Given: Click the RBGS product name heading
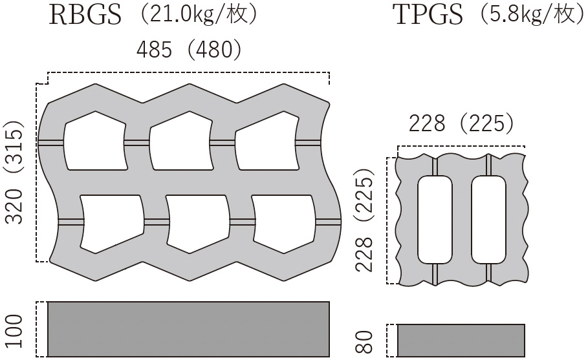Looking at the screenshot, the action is pos(85,15).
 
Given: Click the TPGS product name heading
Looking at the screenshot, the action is pos(429,15).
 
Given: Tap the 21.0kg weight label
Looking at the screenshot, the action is pos(199,14).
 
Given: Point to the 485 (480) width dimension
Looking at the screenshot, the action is pos(189,50).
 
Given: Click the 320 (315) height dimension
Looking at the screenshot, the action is pos(16,171).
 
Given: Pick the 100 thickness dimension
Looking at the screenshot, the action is pos(16,331).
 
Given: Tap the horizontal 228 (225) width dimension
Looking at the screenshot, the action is pos(461,123).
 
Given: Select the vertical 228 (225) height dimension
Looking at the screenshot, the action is pos(365,220).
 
